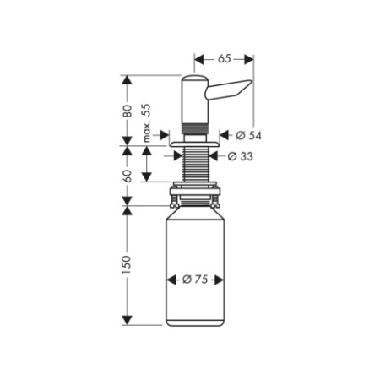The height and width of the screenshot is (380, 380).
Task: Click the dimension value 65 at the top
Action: tap(225, 59)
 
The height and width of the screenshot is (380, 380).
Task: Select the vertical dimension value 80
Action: tap(127, 110)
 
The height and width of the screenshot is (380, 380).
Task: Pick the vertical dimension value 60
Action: tap(127, 175)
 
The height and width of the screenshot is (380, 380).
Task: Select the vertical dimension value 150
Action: tap(127, 263)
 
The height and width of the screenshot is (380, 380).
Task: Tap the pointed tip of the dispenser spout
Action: tap(251, 83)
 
